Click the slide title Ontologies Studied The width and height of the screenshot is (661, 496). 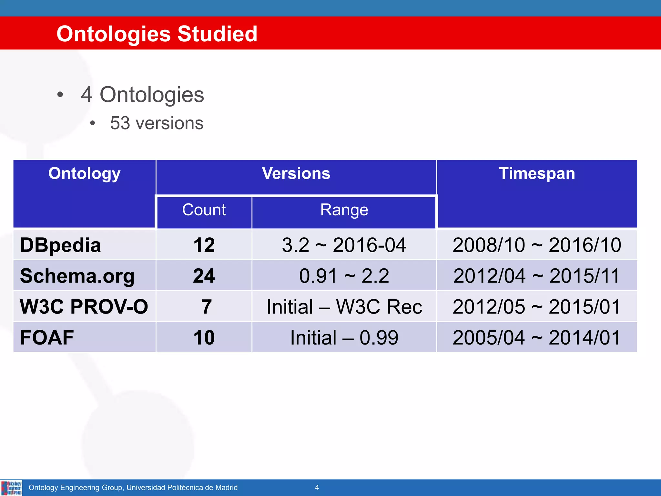tap(157, 34)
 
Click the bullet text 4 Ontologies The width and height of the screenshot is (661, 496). tap(142, 95)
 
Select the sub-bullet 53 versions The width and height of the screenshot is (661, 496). tap(157, 123)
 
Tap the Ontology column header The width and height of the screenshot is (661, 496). tap(85, 173)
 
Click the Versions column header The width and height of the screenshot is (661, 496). tap(296, 173)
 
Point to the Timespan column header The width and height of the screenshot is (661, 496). tap(537, 173)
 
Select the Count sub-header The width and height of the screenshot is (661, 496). tap(204, 210)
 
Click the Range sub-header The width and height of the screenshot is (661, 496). tap(344, 210)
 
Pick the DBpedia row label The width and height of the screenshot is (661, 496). tap(60, 245)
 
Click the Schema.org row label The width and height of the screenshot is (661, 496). tap(77, 276)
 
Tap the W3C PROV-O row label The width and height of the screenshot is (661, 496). tap(84, 306)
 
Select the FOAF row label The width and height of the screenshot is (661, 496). tap(47, 337)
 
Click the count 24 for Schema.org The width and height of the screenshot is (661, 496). tap(204, 276)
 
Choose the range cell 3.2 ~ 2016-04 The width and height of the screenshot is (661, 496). tap(344, 245)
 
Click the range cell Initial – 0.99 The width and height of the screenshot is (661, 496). tap(344, 337)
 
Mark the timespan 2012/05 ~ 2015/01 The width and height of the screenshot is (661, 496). tap(536, 306)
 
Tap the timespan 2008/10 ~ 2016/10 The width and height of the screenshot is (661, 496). tap(536, 245)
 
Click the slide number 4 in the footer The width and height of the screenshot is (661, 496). tap(317, 487)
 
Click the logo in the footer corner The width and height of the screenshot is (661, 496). tap(11, 488)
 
